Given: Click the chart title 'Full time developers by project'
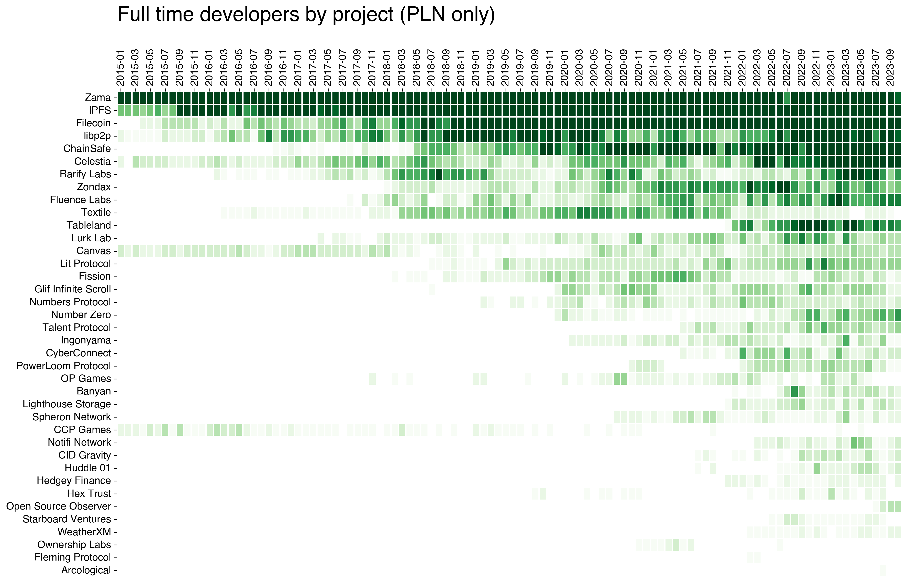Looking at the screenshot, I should pos(306,15).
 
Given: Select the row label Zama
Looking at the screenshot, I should pos(98,98).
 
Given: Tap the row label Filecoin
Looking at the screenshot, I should pos(93,123).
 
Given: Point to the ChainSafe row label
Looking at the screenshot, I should pos(87,148).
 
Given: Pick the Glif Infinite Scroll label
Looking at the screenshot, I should pos(73,289).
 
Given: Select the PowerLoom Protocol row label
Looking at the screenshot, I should pos(64,366).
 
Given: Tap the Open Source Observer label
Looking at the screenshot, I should pos(59,506).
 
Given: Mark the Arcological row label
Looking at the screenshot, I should pos(86,570).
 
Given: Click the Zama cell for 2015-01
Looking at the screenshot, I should pos(121,98).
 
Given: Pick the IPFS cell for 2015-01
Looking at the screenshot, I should pos(121,111).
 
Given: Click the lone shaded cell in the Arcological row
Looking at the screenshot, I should pos(883,570).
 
